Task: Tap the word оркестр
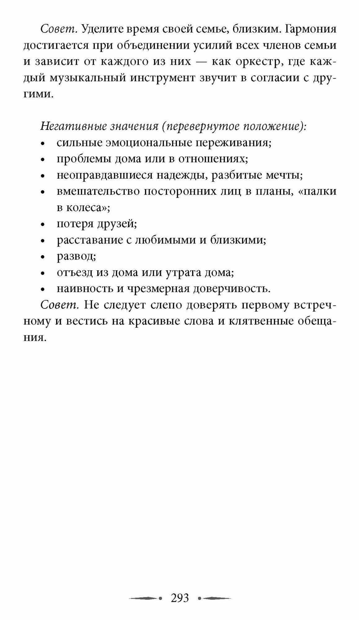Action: (258, 61)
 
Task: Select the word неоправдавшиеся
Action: (104, 175)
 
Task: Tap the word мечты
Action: (284, 175)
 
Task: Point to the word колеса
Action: (88, 207)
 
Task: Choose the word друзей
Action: (117, 224)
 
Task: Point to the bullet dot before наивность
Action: (43, 290)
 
